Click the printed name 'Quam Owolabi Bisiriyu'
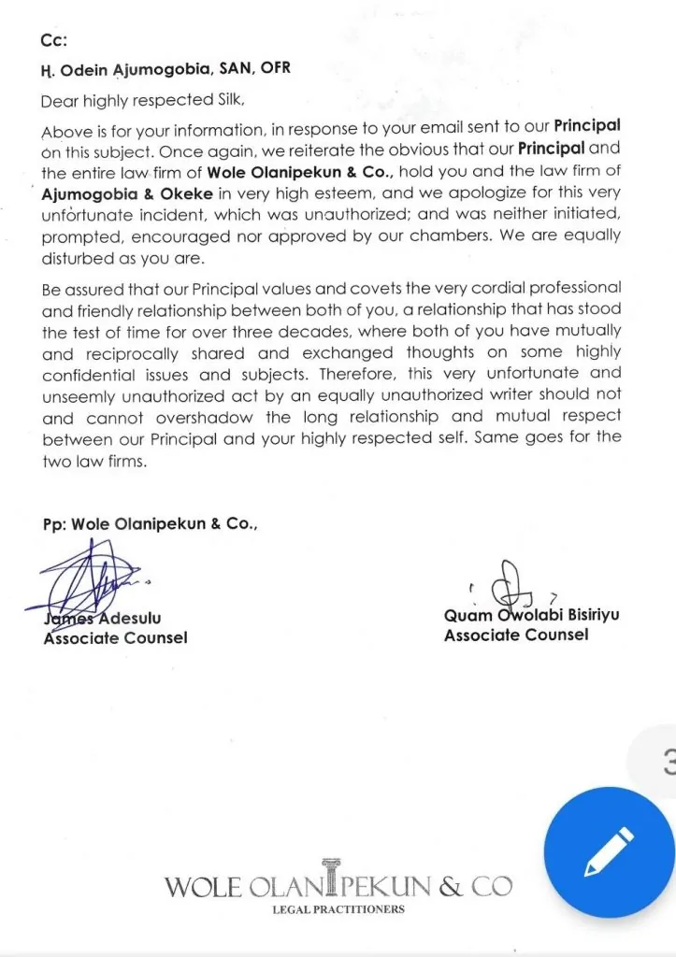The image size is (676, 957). pos(531,616)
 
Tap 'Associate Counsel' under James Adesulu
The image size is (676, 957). pos(115,638)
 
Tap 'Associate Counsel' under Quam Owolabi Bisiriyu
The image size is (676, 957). pos(516,636)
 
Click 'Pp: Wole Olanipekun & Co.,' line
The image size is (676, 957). pos(150,524)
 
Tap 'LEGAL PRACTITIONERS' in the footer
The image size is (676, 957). pos(338,908)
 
